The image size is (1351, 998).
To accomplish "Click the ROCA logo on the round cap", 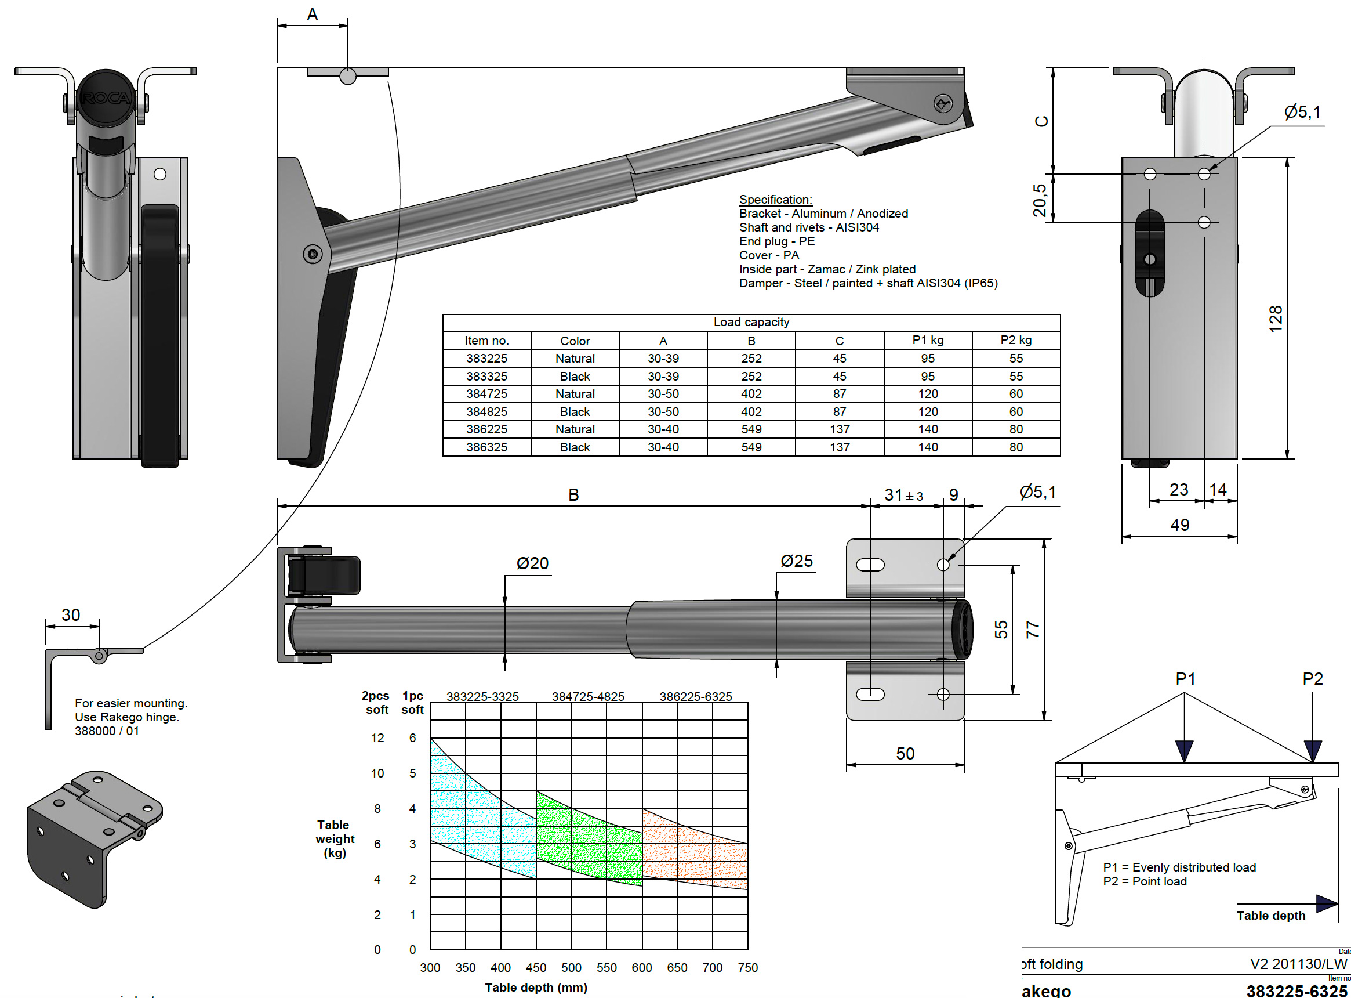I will (106, 98).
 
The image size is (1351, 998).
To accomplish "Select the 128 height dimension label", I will (1275, 318).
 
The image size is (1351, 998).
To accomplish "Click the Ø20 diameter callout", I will (532, 563).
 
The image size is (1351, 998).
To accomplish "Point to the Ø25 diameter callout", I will (796, 561).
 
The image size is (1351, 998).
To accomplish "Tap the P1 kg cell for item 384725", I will (927, 394).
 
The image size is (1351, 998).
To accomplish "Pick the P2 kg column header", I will (1015, 340).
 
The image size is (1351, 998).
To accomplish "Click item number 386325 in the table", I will (486, 447).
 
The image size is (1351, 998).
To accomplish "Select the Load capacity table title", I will (751, 322).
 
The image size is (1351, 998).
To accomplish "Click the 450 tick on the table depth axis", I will (535, 967).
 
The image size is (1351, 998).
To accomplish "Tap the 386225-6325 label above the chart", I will (695, 696).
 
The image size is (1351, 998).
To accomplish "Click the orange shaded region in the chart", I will (694, 852).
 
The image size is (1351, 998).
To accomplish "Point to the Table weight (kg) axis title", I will (335, 838).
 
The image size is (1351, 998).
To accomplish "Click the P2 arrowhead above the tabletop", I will (1312, 750).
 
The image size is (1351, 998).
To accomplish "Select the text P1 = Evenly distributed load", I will (1178, 867).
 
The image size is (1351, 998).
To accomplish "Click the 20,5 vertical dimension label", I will (1039, 200).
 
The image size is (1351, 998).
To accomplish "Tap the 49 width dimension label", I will (1179, 525).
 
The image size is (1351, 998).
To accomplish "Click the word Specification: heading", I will (775, 200).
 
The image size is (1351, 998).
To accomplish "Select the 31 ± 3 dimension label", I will (903, 495).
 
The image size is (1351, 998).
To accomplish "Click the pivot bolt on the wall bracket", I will (312, 254).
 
